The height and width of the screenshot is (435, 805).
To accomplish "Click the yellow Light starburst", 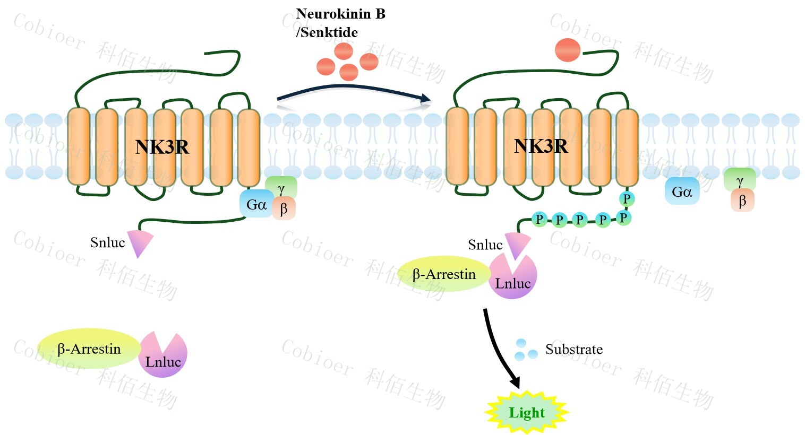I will [x=527, y=412].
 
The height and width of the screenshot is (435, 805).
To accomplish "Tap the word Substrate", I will [x=574, y=350].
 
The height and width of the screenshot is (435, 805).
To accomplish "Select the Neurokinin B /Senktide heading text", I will [x=340, y=23].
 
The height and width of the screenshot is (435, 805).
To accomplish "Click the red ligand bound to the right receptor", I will [x=567, y=50].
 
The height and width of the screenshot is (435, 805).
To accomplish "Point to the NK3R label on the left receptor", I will [x=162, y=147].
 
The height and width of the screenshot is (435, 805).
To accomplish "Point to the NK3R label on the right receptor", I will [x=541, y=146].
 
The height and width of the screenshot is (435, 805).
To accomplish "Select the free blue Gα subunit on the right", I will [x=682, y=192].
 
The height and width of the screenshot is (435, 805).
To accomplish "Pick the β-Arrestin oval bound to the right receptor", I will [x=444, y=274].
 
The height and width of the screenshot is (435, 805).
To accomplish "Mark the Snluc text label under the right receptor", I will [x=485, y=245].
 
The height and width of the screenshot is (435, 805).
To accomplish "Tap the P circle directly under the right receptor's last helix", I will [x=627, y=199].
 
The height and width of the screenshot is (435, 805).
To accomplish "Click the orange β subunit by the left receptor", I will [x=284, y=209].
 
